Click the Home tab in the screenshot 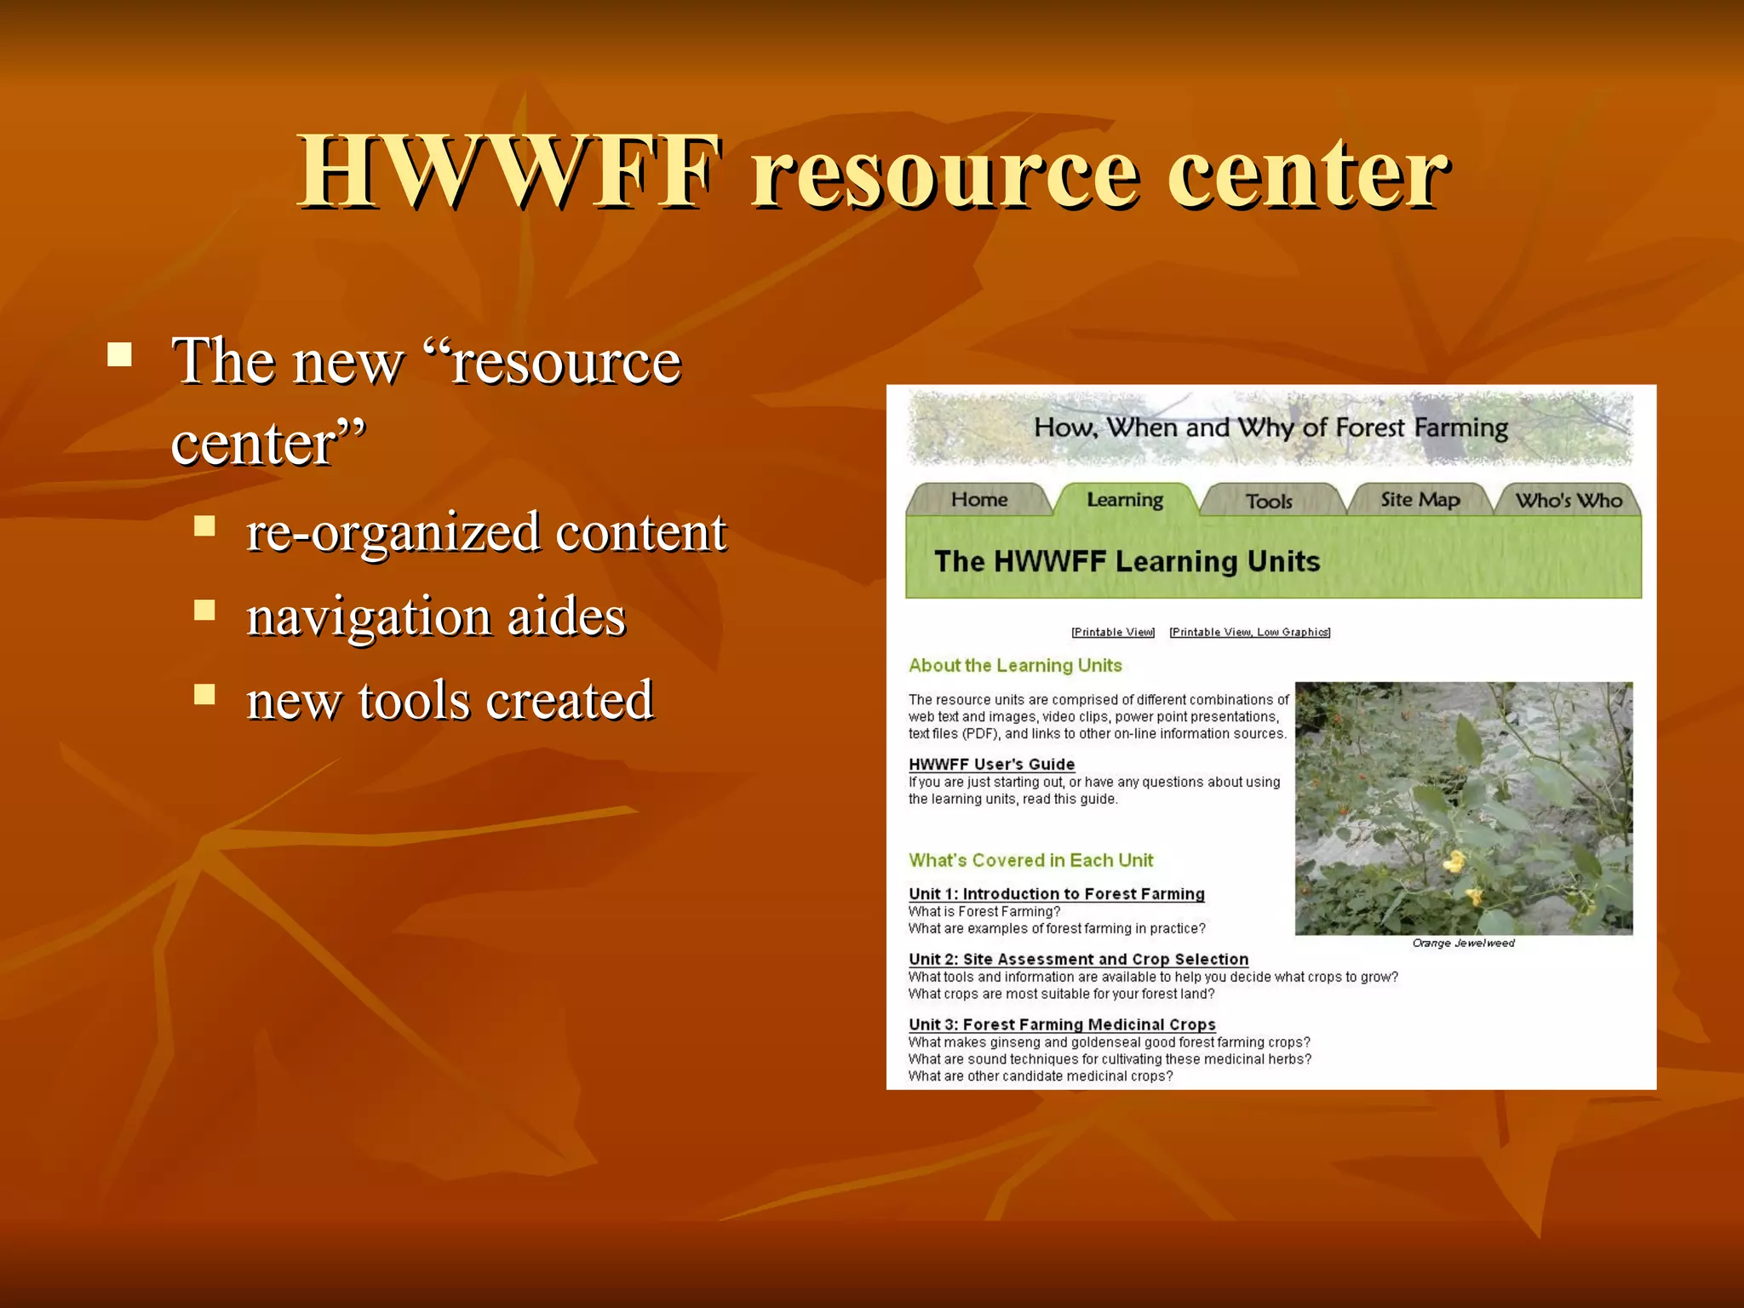978,500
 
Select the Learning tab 1124,500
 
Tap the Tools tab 1269,502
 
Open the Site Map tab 1420,500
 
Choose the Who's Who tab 1569,501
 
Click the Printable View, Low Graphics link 1249,632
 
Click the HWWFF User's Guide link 991,764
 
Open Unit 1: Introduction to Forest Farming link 1056,893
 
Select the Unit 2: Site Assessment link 1078,959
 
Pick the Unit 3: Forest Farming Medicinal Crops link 1062,1024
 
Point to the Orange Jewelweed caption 1463,943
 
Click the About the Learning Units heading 1015,665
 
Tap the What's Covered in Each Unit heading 1030,860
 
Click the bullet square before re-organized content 204,525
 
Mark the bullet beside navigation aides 204,610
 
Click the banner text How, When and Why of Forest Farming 1271,427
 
